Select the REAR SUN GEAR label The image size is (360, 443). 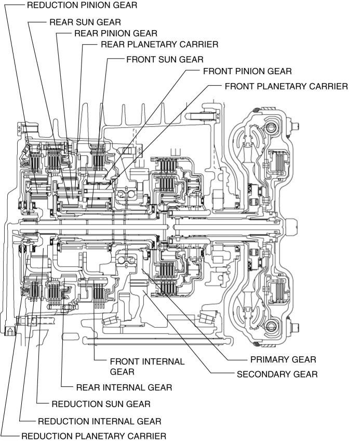[85, 23]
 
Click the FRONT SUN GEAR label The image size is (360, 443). [164, 59]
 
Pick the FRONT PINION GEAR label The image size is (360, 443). [247, 71]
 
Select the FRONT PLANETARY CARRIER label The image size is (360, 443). [286, 86]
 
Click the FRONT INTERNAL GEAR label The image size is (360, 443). [147, 366]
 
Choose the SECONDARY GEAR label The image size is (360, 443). [277, 373]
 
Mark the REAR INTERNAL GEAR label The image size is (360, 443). [124, 387]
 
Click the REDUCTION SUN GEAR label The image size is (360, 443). [101, 404]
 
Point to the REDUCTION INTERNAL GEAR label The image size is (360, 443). [99, 421]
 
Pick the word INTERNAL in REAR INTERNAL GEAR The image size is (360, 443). [122, 387]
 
